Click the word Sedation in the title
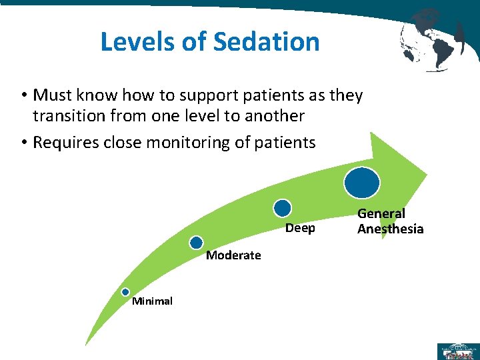pos(267,41)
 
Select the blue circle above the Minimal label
pos(125,291)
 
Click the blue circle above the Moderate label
pos(196,243)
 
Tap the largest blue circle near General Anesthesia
pos(362,181)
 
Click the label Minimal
pos(152,301)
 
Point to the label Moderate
pos(233,255)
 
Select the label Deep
pos(300,229)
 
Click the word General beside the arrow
pos(381,214)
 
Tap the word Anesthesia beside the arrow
pos(390,229)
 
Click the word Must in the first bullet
pos(52,95)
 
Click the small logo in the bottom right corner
pos(457,351)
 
